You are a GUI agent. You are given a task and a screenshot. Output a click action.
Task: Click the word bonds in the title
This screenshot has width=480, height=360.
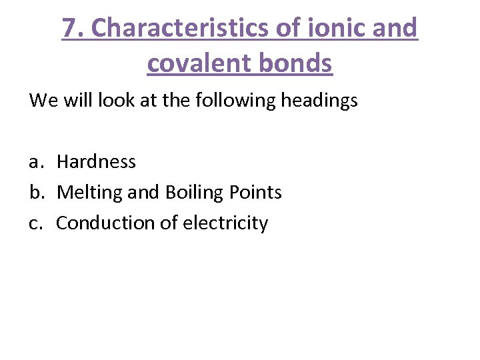pos(297,63)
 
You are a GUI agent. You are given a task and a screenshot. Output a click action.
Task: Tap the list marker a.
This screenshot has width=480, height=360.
pos(36,162)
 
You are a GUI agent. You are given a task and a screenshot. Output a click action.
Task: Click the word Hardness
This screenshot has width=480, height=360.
pos(96,161)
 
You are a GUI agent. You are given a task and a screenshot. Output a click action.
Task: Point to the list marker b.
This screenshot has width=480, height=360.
pos(36,193)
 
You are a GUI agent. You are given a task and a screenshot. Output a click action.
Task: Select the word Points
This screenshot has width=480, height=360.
pos(255,193)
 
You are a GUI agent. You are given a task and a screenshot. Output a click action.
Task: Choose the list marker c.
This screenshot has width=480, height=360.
pos(35,223)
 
